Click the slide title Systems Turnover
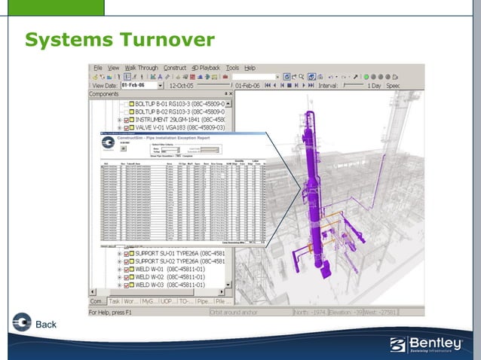pyautogui.click(x=120, y=39)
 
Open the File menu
pyautogui.click(x=98, y=68)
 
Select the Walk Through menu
pyautogui.click(x=142, y=68)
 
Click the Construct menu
pyautogui.click(x=175, y=68)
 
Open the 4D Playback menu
pyautogui.click(x=206, y=68)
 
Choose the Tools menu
pyautogui.click(x=233, y=68)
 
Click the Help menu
pyautogui.click(x=250, y=68)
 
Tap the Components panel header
pyautogui.click(x=104, y=94)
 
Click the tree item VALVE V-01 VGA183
pyautogui.click(x=179, y=128)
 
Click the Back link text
pyautogui.click(x=46, y=325)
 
